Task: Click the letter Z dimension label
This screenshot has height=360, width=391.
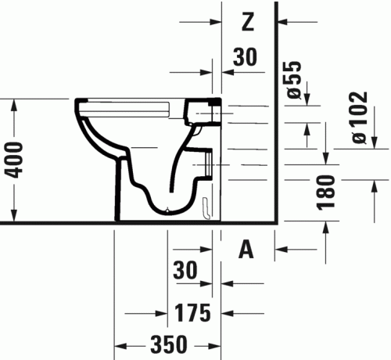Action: (247, 23)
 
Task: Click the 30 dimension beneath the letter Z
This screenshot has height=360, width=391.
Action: (245, 56)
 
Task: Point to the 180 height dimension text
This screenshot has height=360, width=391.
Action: (327, 191)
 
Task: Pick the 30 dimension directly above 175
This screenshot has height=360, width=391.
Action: (186, 270)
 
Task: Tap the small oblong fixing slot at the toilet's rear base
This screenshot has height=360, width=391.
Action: (205, 207)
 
